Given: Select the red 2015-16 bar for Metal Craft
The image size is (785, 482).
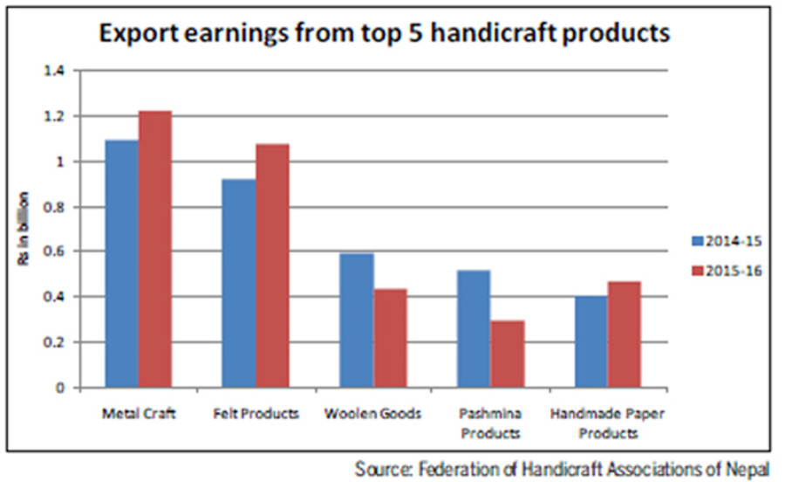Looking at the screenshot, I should (154, 249).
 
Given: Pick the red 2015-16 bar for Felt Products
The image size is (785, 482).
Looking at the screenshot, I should (272, 265).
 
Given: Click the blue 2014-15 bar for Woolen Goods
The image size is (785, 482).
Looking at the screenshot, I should (357, 320).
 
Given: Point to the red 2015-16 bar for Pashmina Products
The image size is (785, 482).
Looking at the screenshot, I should (508, 354).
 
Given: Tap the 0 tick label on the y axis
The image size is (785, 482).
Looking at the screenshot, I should (61, 387).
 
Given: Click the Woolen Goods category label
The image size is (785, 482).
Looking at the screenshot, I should (372, 413).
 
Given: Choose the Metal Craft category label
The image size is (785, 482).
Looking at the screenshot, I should (138, 413).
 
